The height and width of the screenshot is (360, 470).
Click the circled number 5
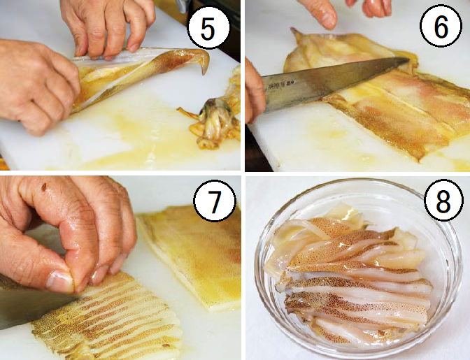coord(208,28)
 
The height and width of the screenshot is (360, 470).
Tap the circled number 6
coord(441,26)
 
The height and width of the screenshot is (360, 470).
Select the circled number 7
coord(215,201)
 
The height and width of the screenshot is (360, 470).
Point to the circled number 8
coord(443,201)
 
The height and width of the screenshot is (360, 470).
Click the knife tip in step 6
coord(408,59)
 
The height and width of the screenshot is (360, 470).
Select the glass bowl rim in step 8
coord(357,182)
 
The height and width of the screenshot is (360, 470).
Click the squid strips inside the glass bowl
coord(350,278)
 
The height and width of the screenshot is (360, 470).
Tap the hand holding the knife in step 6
coord(255,90)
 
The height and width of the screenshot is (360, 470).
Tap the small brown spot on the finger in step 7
coord(44,187)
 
